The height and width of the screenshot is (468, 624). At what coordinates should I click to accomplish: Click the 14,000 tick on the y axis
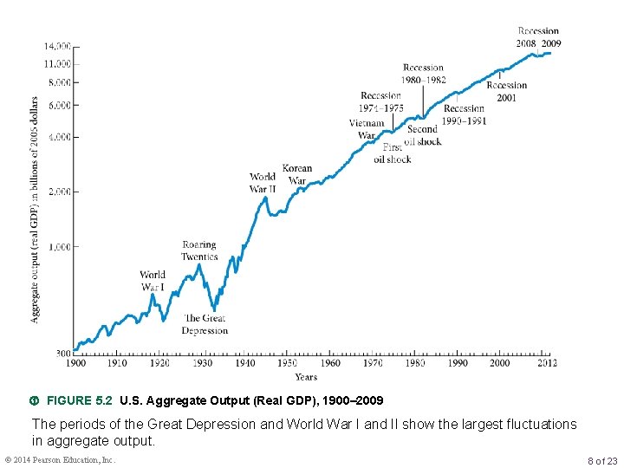(58, 45)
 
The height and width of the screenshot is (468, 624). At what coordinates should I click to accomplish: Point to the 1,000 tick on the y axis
(58, 247)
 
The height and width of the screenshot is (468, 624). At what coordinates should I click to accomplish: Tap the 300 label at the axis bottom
(63, 354)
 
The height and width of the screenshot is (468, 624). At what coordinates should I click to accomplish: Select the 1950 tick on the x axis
(287, 364)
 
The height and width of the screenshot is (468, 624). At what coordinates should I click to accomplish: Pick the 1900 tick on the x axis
(75, 364)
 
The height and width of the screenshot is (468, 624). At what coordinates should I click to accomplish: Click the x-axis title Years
(305, 377)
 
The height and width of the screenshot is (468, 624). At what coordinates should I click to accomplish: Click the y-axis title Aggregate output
(36, 208)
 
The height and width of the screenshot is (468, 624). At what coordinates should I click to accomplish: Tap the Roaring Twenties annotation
(199, 250)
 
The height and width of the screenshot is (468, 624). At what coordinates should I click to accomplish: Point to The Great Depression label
(204, 324)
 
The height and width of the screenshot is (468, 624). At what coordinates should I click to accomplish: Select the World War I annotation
(153, 281)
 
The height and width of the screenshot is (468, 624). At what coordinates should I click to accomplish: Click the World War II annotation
(263, 183)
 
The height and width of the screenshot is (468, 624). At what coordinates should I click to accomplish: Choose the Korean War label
(296, 175)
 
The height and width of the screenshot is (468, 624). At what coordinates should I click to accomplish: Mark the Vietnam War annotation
(367, 129)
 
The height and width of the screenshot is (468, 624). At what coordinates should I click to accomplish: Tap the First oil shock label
(392, 153)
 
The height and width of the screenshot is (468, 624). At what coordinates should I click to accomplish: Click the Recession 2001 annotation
(506, 92)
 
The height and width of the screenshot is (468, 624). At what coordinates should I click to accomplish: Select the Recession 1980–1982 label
(423, 74)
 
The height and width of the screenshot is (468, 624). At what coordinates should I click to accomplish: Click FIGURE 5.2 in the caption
(80, 401)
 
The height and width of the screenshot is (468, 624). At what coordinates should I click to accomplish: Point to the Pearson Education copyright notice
(60, 459)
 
